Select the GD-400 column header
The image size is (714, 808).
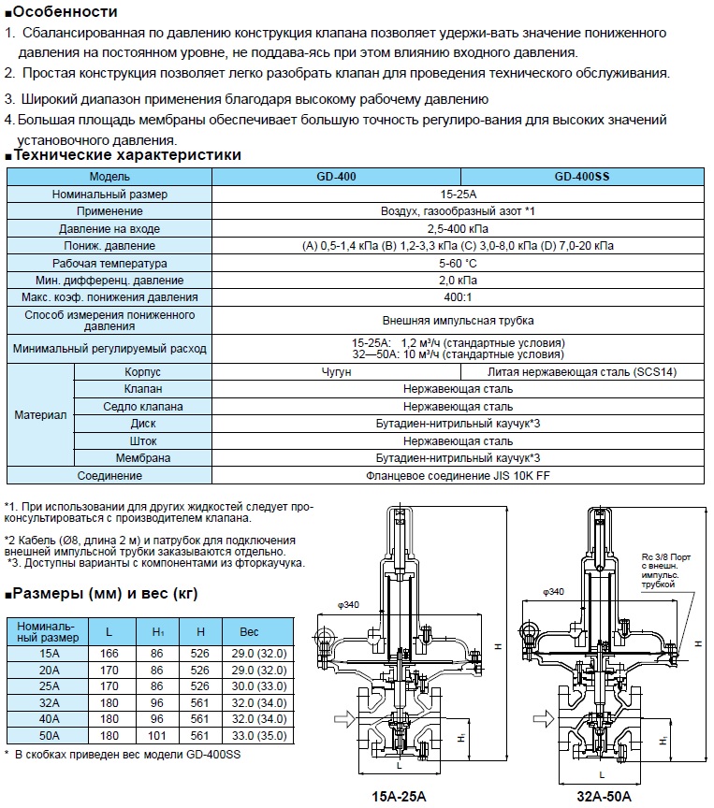point(337,176)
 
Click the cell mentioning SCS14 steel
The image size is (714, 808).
point(582,372)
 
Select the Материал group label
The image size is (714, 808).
point(41,415)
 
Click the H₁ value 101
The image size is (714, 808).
point(158,736)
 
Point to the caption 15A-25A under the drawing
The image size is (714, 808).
point(396,796)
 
